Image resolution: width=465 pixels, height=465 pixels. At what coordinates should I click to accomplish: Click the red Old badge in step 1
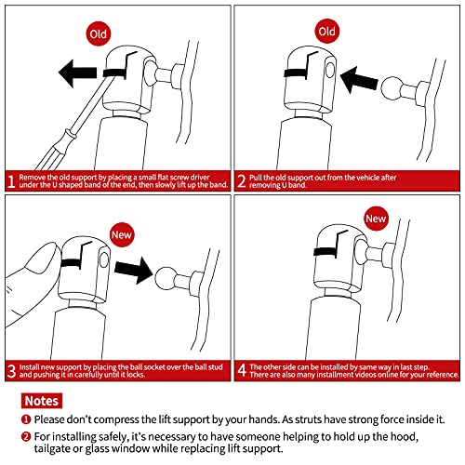pyautogui.click(x=99, y=33)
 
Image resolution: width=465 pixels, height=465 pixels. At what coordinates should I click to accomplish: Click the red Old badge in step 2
pyautogui.click(x=326, y=32)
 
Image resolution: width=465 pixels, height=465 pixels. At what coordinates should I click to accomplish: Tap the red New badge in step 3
pyautogui.click(x=122, y=234)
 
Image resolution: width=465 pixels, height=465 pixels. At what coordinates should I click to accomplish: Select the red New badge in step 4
pyautogui.click(x=376, y=219)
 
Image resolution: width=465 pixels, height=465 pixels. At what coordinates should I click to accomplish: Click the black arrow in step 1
pyautogui.click(x=78, y=73)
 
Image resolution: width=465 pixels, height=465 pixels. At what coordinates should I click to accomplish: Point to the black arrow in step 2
pyautogui.click(x=359, y=80)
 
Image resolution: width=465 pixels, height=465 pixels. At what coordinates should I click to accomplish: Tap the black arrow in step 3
pyautogui.click(x=134, y=270)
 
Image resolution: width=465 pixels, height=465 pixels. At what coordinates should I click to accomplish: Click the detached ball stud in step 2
pyautogui.click(x=392, y=88)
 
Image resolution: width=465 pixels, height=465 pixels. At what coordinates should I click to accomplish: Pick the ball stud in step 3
pyautogui.click(x=166, y=278)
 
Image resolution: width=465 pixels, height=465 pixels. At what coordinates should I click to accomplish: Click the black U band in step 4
pyautogui.click(x=325, y=251)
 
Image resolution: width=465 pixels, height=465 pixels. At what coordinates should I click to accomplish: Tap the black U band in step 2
pyautogui.click(x=296, y=73)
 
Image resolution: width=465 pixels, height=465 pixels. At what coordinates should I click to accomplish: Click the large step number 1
pyautogui.click(x=11, y=181)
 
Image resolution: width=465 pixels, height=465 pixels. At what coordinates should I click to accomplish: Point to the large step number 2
pyautogui.click(x=242, y=181)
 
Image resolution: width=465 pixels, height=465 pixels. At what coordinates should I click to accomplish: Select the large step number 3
pyautogui.click(x=11, y=371)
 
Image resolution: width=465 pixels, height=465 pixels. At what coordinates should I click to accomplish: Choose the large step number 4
pyautogui.click(x=242, y=370)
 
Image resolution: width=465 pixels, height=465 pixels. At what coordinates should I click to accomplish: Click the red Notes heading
pyautogui.click(x=42, y=401)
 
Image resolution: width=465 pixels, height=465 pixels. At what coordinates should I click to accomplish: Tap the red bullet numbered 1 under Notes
pyautogui.click(x=26, y=419)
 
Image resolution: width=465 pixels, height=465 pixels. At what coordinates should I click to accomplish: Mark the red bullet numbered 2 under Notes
pyautogui.click(x=26, y=437)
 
